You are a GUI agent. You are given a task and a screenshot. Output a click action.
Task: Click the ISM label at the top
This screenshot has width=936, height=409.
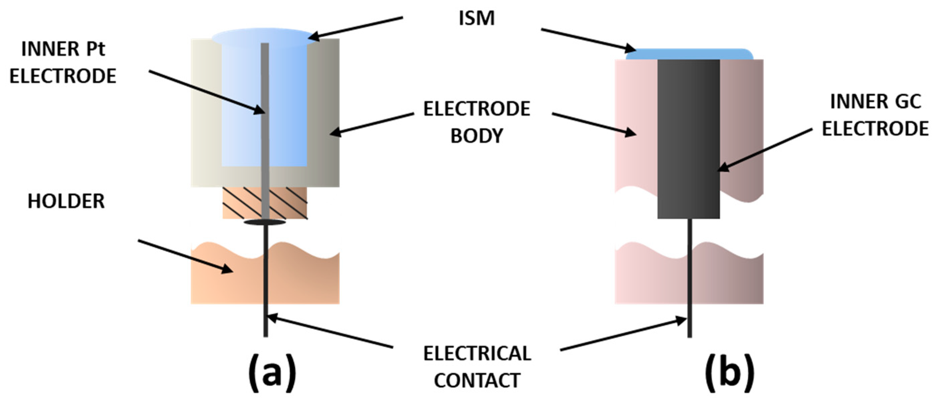pos(476,18)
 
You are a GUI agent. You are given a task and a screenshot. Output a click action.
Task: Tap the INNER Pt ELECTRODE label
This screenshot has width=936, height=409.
pos(63,63)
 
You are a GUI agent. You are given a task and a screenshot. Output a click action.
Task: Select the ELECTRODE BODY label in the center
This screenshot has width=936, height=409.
pos(476,122)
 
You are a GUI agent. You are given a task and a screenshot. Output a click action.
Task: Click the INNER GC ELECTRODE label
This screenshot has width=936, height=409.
pos(875,115)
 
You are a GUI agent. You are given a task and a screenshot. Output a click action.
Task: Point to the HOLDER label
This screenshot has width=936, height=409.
pos(66,201)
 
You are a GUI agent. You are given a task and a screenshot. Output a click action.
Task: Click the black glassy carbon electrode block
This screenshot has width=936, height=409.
pos(688,138)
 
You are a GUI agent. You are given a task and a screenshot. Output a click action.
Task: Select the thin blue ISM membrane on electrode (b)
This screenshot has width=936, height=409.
pos(689,55)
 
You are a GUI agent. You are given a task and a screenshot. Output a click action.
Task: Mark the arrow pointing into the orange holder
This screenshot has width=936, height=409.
pos(185,256)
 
